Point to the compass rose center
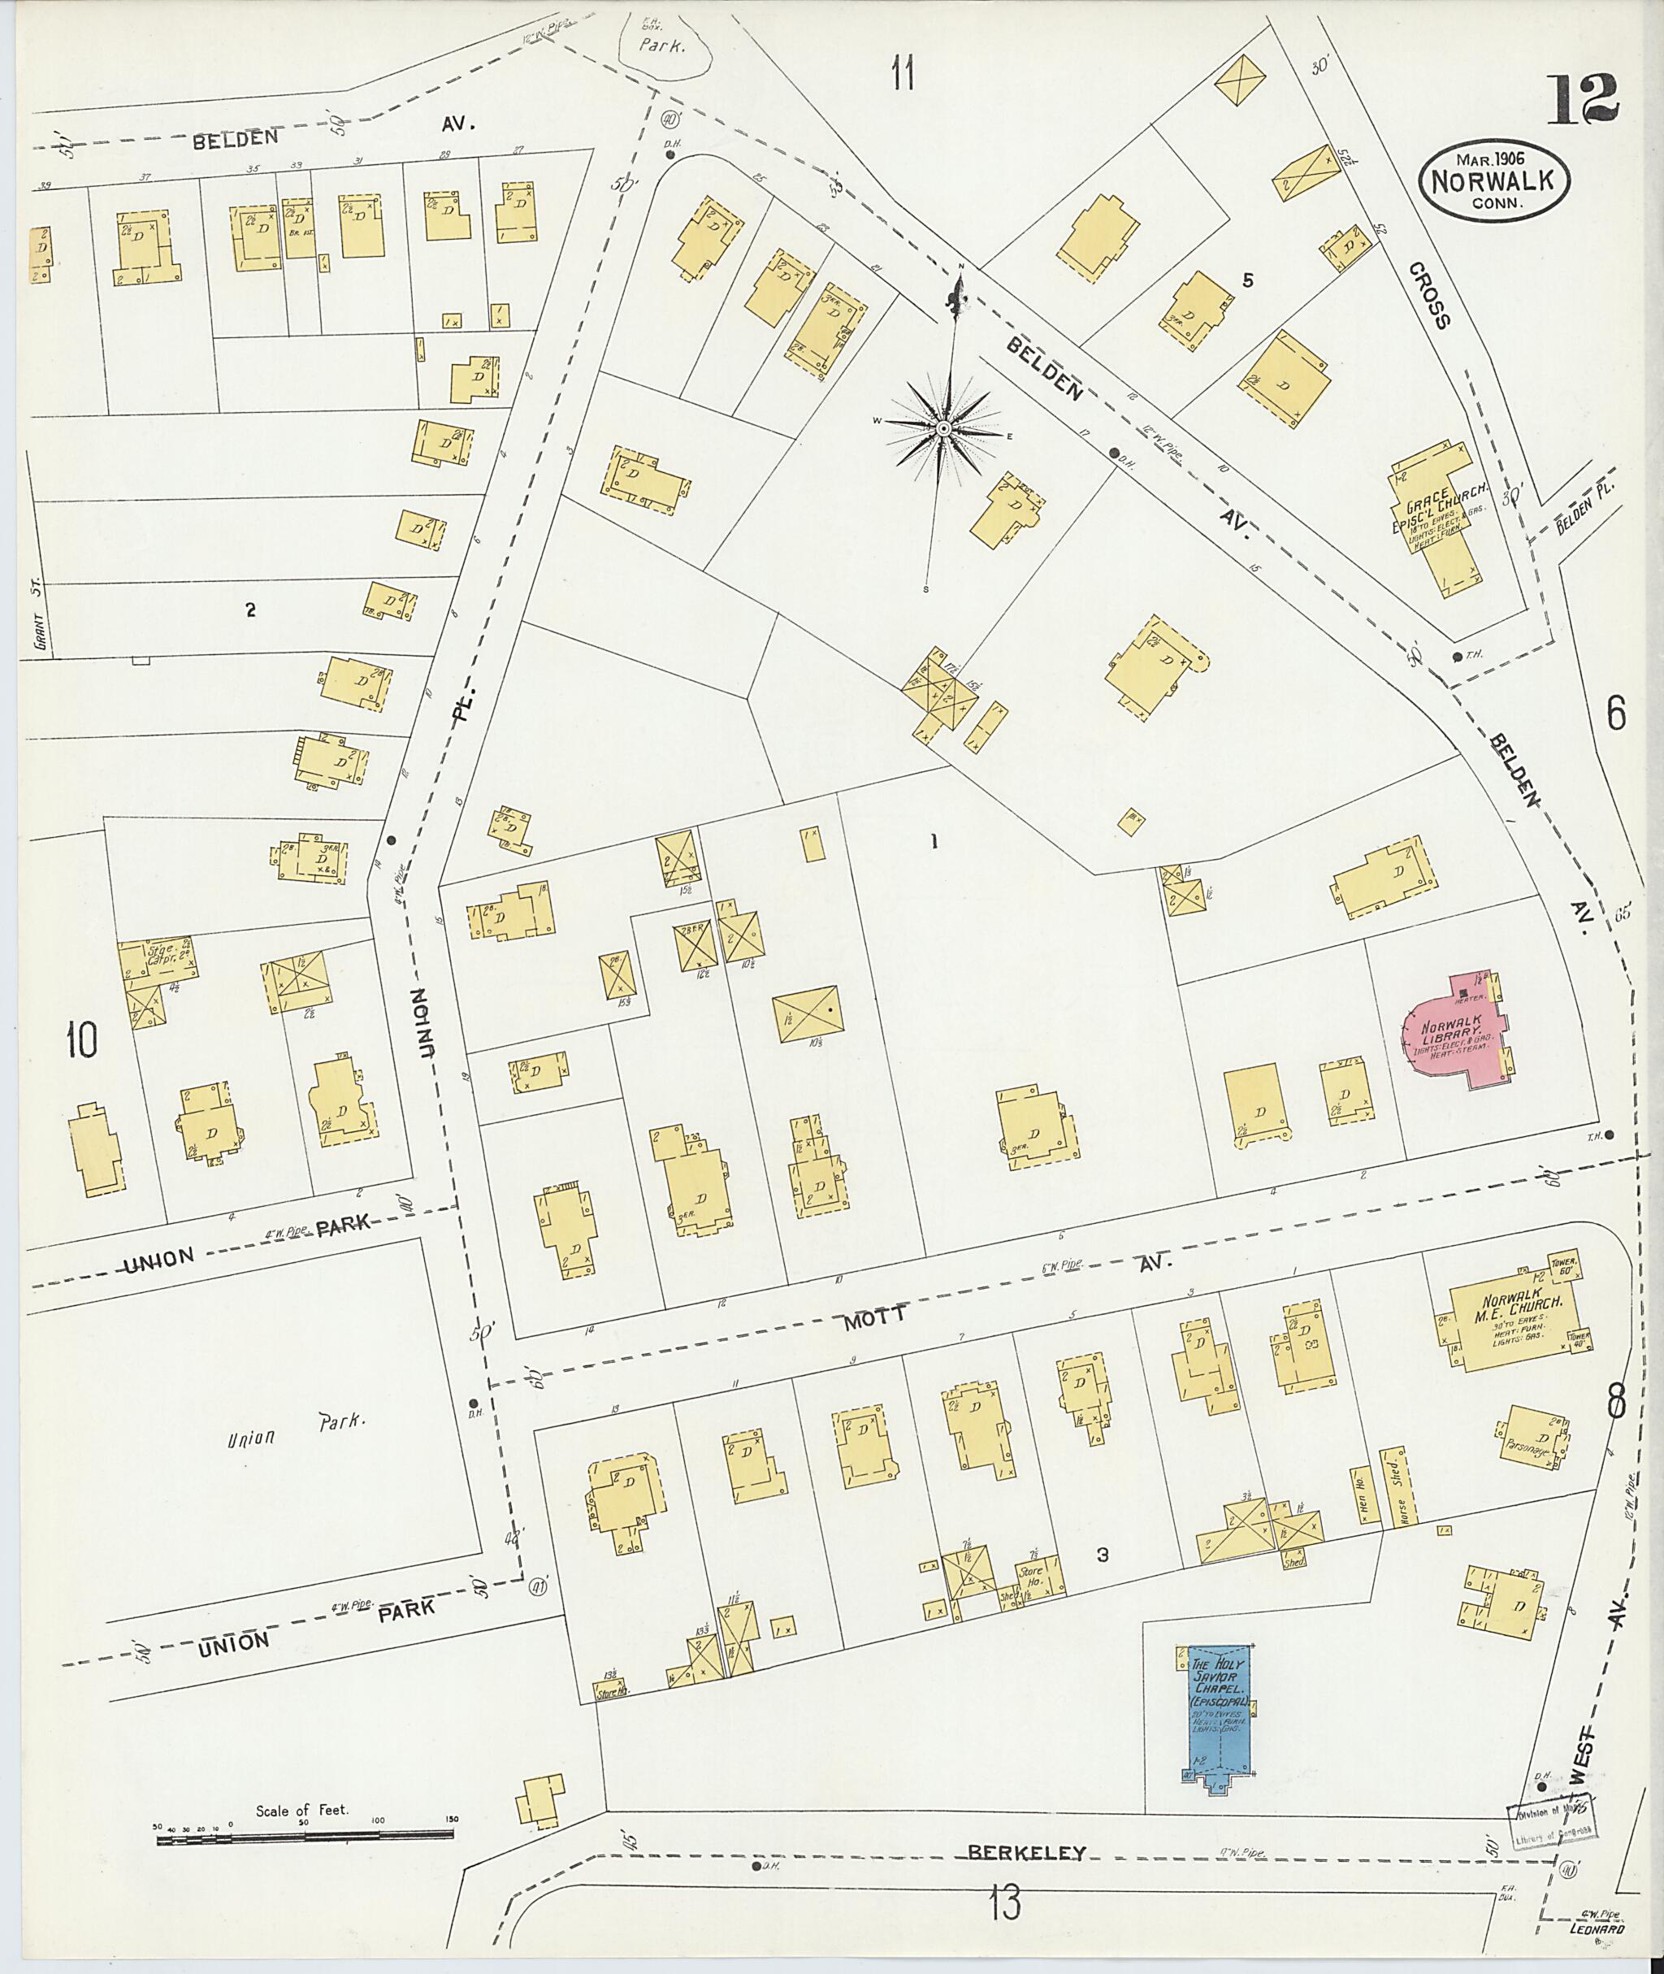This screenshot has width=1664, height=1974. click(942, 429)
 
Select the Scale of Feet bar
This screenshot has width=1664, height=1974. click(306, 1838)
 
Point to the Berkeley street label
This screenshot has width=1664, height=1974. click(1027, 1851)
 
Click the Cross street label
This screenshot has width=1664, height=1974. click(1429, 294)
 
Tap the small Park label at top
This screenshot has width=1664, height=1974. click(661, 45)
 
